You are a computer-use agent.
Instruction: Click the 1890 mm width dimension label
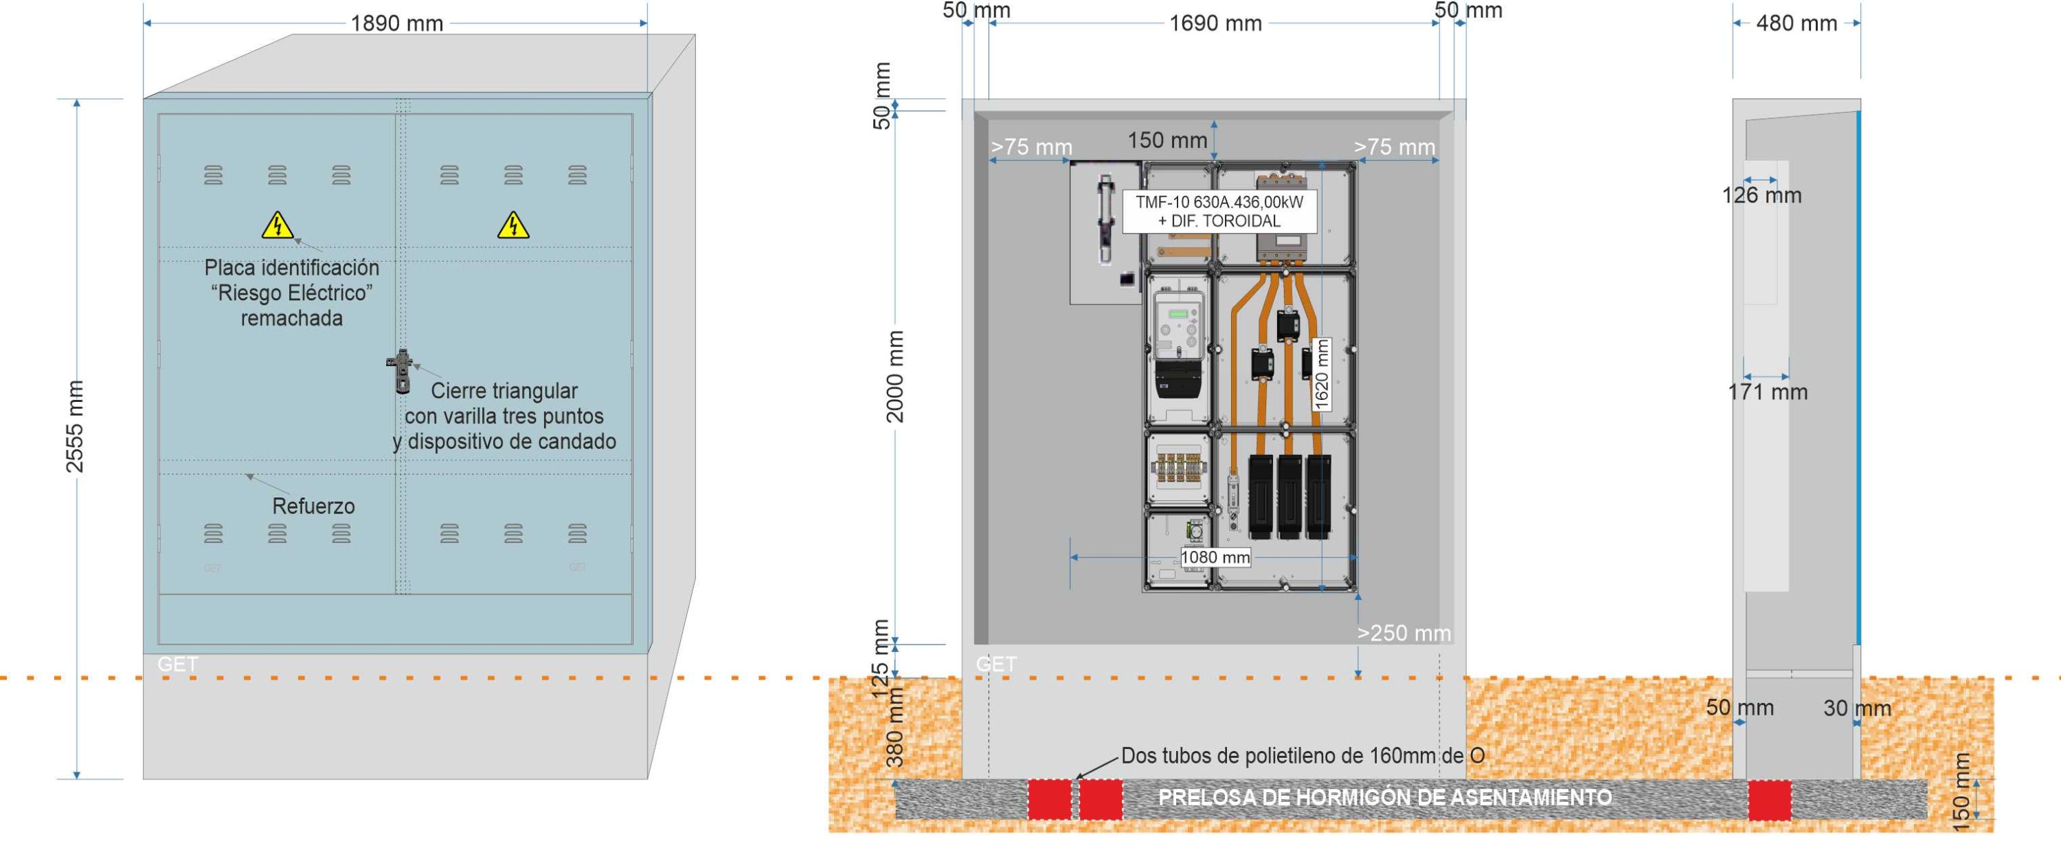click(x=397, y=24)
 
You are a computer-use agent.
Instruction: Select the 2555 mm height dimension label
click(x=74, y=427)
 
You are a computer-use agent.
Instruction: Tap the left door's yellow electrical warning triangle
click(x=277, y=225)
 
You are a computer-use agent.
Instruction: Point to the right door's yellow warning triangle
click(x=513, y=225)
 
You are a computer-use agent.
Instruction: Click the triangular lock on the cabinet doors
click(x=399, y=370)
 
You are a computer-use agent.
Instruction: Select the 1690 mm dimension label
click(x=1215, y=24)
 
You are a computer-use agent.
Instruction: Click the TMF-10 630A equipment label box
click(x=1219, y=212)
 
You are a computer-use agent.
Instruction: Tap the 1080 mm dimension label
click(x=1215, y=557)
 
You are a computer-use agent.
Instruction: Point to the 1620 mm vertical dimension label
click(x=1322, y=374)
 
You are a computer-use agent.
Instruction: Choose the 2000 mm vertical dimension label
click(x=895, y=376)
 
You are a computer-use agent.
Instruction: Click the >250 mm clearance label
click(x=1404, y=633)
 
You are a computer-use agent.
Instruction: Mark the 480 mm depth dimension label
click(x=1797, y=24)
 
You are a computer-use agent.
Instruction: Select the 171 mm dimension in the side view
click(x=1768, y=392)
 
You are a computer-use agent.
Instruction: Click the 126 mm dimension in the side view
click(x=1761, y=195)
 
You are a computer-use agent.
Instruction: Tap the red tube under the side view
click(x=1770, y=801)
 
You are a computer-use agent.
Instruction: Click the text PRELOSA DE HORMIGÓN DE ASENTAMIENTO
click(x=1385, y=798)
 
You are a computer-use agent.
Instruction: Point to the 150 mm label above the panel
click(x=1167, y=141)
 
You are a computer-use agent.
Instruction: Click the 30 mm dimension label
click(x=1857, y=708)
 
